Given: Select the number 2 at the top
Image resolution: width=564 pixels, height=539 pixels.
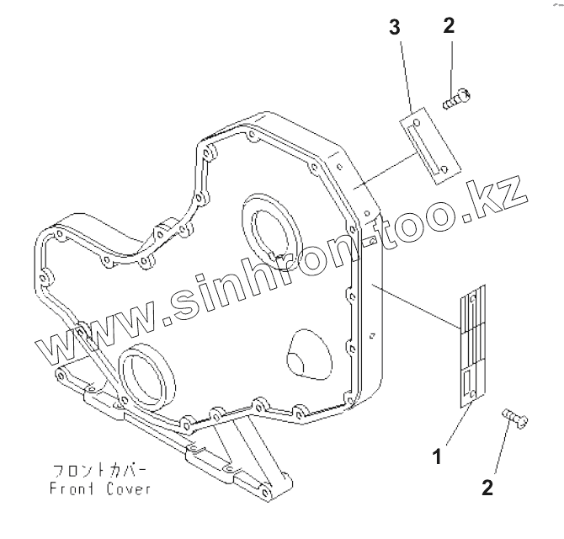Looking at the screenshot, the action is tap(448, 26).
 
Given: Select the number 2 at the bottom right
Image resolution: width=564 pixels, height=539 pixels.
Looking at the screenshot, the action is tap(487, 486).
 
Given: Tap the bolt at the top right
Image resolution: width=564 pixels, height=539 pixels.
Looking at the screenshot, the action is tap(457, 101).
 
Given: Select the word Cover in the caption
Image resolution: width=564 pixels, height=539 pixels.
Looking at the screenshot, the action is tap(128, 488).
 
